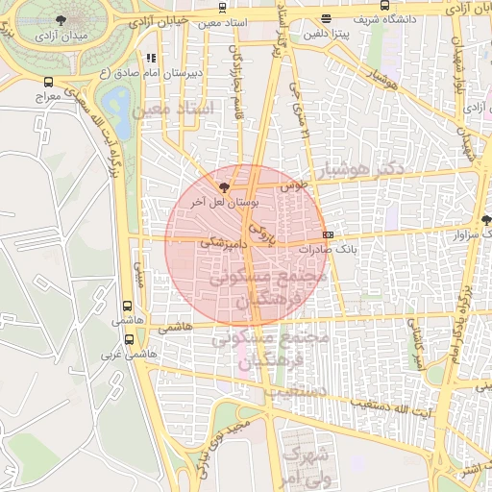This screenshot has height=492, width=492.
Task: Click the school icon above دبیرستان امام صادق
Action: tap(151, 60)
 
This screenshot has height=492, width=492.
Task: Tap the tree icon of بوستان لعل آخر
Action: tap(224, 187)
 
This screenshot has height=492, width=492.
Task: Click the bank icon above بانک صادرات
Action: tap(329, 234)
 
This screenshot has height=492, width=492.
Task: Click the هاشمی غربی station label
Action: tap(131, 354)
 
